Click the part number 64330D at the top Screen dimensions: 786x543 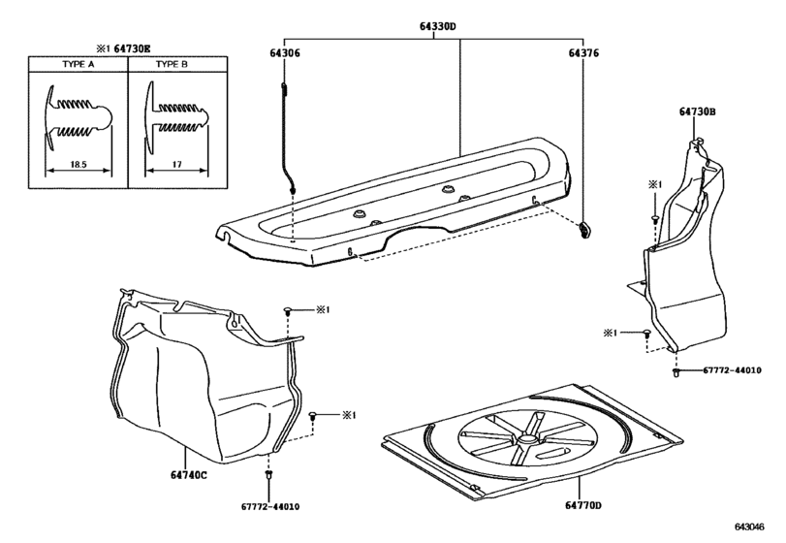click(x=438, y=26)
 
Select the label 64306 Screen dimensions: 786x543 click(x=285, y=53)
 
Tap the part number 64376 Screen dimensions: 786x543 click(x=583, y=53)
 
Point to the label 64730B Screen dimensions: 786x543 click(x=697, y=112)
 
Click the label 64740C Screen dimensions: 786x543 click(x=188, y=475)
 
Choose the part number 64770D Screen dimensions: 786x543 click(x=583, y=505)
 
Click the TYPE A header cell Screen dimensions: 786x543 click(x=79, y=64)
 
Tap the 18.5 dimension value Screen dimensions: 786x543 click(x=79, y=164)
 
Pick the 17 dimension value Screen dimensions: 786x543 click(x=176, y=164)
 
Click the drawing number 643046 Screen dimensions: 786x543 click(x=749, y=527)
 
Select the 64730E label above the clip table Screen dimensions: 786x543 click(x=133, y=48)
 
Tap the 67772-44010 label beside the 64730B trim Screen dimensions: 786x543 click(x=732, y=370)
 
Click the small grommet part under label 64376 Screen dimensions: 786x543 click(x=584, y=230)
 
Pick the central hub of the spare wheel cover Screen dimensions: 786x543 click(x=526, y=439)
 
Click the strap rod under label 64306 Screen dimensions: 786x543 click(x=287, y=139)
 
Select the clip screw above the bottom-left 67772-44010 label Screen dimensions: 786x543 click(x=268, y=474)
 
